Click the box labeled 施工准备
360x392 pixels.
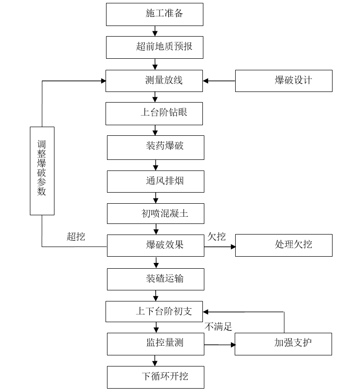tap(154, 14)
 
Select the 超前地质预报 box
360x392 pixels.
tap(154, 47)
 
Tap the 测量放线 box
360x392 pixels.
tap(154, 80)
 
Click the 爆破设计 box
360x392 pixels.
tap(283, 80)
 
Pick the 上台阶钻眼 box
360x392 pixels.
tap(154, 113)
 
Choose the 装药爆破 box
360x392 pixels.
tap(155, 147)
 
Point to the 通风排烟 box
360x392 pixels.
tap(155, 181)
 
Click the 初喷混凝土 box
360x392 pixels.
tap(155, 213)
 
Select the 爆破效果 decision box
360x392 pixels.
tap(155, 245)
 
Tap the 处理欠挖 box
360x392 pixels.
tap(283, 245)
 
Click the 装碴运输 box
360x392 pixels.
tap(155, 279)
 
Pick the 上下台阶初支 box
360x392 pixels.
tap(154, 312)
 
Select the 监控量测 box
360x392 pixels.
tap(155, 343)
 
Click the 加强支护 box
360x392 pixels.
tap(283, 343)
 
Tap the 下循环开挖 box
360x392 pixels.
tap(155, 377)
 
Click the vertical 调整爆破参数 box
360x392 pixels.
tap(42, 170)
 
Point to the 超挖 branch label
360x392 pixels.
tap(76, 236)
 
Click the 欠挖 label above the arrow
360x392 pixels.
tap(216, 236)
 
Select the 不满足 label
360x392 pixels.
tap(218, 327)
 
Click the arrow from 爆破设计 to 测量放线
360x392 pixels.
tap(219, 81)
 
